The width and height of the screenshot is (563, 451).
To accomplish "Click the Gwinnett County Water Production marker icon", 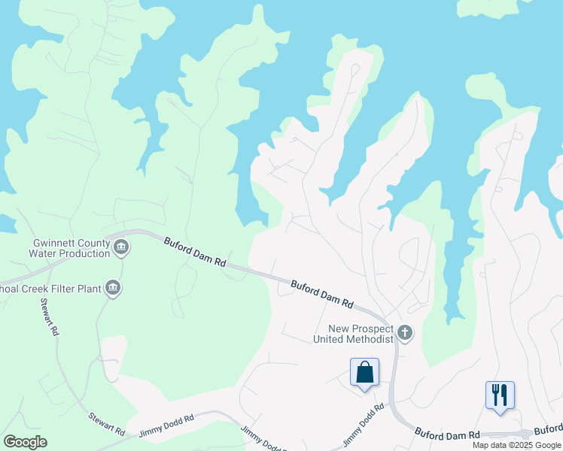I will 121,246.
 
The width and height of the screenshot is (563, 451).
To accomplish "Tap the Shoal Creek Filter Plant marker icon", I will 113,288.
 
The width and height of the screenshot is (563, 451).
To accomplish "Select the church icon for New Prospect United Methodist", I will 405,332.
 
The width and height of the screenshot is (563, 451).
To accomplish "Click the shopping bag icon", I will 364,372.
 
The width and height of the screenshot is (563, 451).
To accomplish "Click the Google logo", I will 25,442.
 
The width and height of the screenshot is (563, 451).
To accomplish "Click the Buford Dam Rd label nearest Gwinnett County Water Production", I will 195,253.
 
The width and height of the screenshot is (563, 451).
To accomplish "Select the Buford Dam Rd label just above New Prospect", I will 322,294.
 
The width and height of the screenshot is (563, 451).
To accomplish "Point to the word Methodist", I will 369,339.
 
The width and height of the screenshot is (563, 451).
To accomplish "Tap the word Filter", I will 53,287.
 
